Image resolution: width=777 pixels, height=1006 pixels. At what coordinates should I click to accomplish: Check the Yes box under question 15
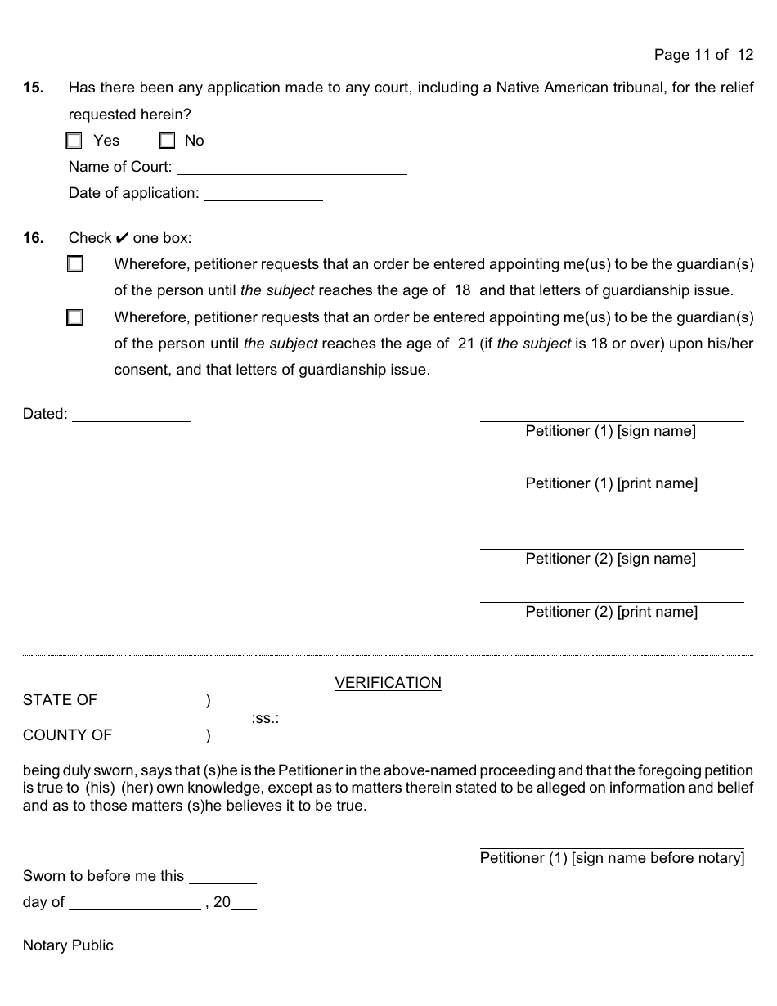74,141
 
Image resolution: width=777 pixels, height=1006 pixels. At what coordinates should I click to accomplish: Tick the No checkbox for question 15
167,141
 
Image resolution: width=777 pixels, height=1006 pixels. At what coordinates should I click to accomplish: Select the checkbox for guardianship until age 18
75,264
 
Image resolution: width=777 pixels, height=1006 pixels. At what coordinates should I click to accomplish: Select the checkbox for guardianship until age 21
75,317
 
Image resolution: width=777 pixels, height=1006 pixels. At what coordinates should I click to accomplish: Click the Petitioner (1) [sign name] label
610,431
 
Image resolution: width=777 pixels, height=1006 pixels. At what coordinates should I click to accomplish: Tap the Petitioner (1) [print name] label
611,483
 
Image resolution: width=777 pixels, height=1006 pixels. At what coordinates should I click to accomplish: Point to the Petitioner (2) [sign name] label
610,559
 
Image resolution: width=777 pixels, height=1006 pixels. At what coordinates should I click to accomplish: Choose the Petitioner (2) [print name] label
611,612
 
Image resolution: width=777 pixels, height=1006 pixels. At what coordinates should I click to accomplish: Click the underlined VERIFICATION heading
388,683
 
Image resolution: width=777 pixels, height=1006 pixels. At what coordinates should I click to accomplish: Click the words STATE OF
60,700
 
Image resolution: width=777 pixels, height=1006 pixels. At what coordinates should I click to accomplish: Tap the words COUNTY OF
67,735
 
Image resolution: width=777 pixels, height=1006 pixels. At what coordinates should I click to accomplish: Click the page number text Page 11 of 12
703,55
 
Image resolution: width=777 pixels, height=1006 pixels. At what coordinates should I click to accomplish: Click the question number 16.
33,238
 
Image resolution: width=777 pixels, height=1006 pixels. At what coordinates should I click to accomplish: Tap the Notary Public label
68,945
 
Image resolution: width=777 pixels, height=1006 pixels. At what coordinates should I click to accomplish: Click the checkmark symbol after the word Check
122,238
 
